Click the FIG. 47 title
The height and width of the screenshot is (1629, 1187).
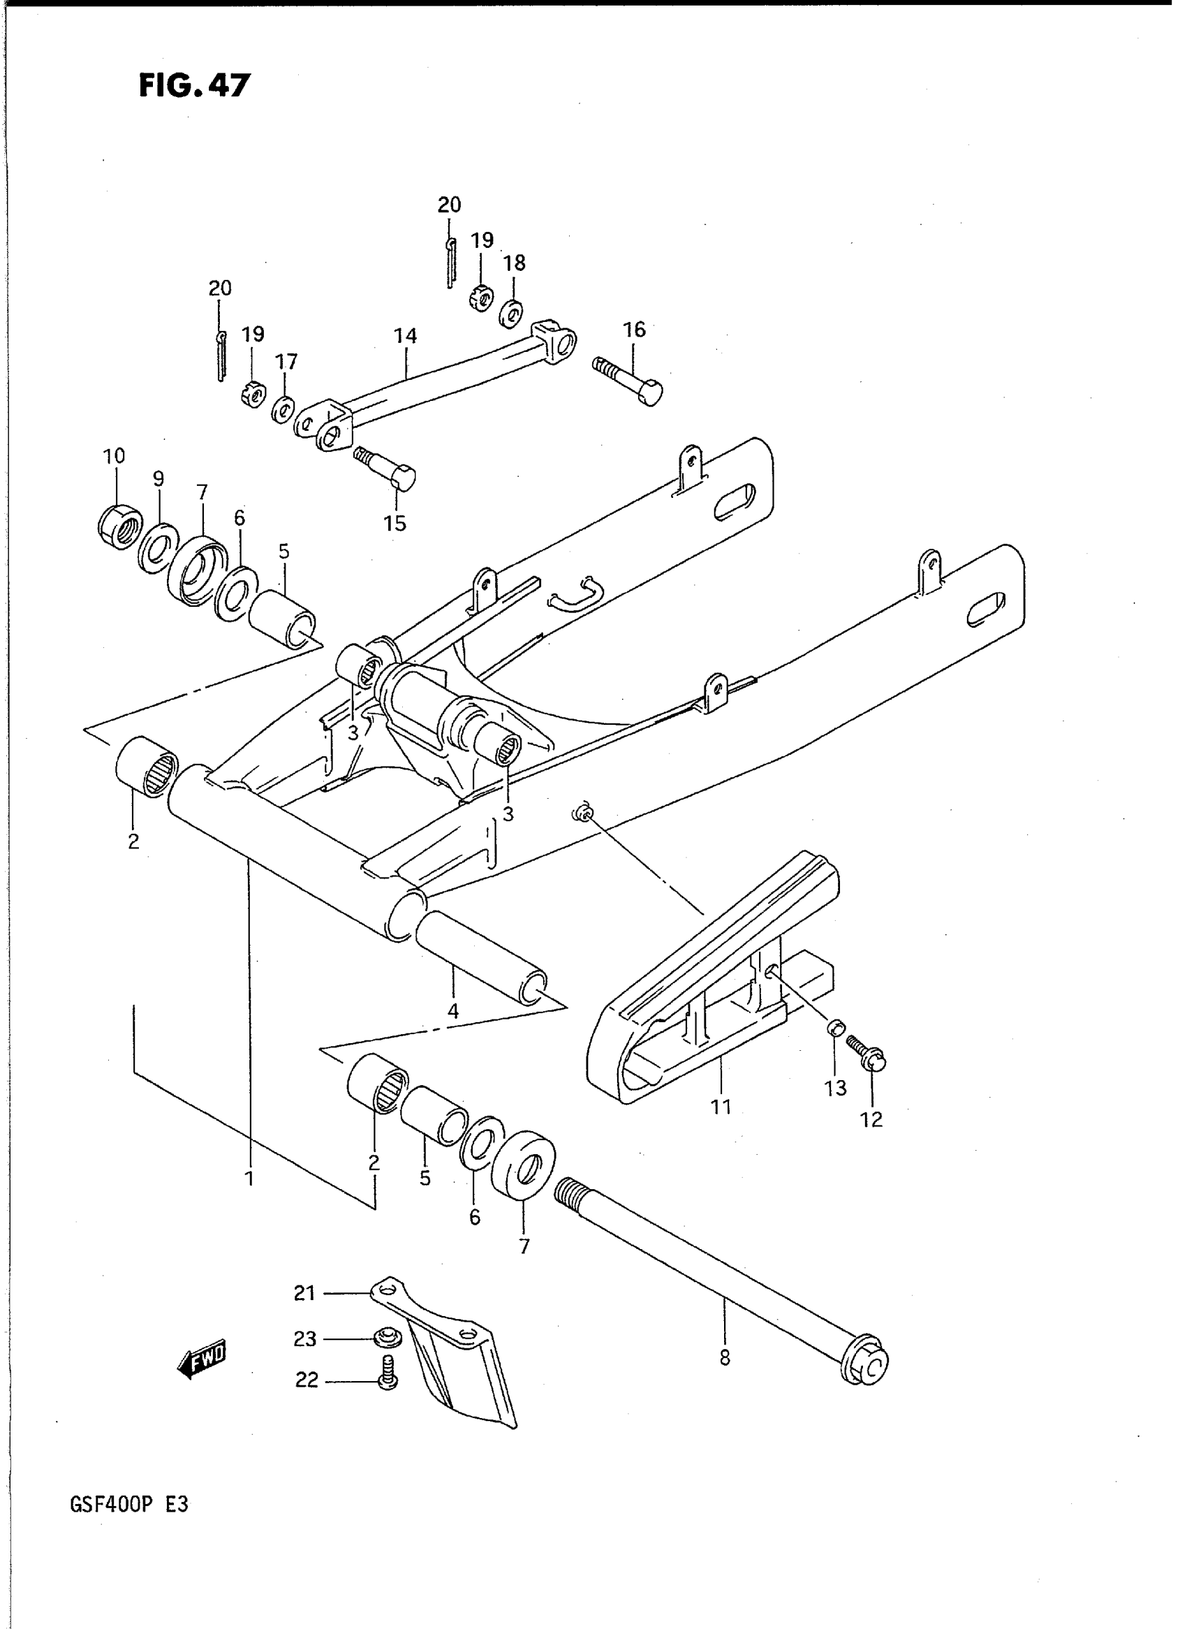tap(194, 85)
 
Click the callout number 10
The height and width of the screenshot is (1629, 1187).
tap(114, 455)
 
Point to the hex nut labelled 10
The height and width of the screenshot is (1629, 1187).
tap(119, 526)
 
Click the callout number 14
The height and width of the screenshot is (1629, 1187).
tap(405, 336)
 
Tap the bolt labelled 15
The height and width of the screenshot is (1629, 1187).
tap(386, 468)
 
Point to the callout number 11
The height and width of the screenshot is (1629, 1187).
tap(721, 1107)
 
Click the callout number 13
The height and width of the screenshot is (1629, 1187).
tap(836, 1088)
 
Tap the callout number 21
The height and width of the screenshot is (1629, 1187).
tap(304, 1293)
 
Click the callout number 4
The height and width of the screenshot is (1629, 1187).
tap(452, 1012)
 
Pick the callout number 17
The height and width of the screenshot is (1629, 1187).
tap(287, 362)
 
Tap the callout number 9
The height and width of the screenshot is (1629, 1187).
tap(158, 478)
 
